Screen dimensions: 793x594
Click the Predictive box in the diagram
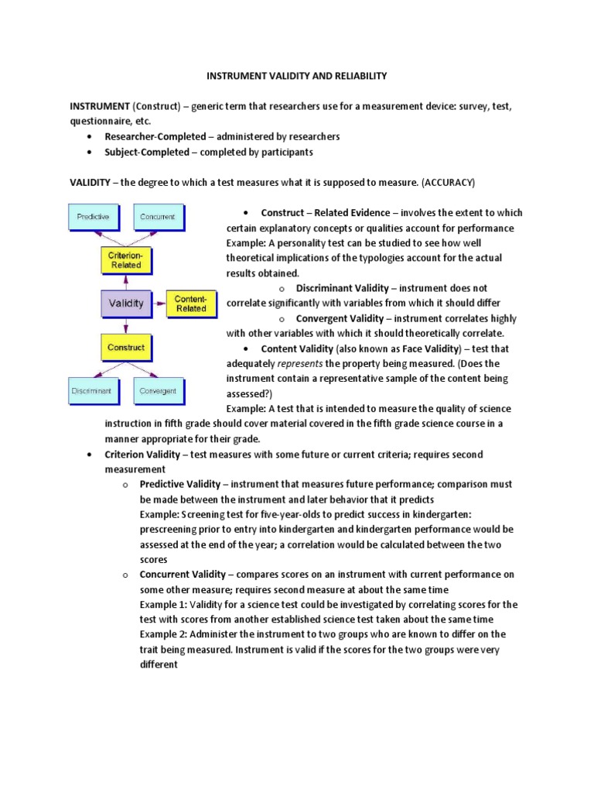[94, 217]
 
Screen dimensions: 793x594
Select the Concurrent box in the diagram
[158, 217]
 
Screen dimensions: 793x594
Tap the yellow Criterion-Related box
[125, 259]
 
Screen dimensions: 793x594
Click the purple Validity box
[125, 303]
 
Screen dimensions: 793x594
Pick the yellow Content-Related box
[190, 303]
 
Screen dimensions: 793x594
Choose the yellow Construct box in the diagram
[125, 348]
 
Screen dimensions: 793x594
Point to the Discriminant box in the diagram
[92, 391]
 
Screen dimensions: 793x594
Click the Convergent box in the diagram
[158, 391]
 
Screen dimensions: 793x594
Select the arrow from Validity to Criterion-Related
[125, 282]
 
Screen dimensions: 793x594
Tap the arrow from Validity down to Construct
[125, 325]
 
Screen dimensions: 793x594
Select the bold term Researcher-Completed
[155, 136]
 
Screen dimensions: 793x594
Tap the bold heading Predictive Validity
[179, 484]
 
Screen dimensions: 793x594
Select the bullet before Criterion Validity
[91, 455]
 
